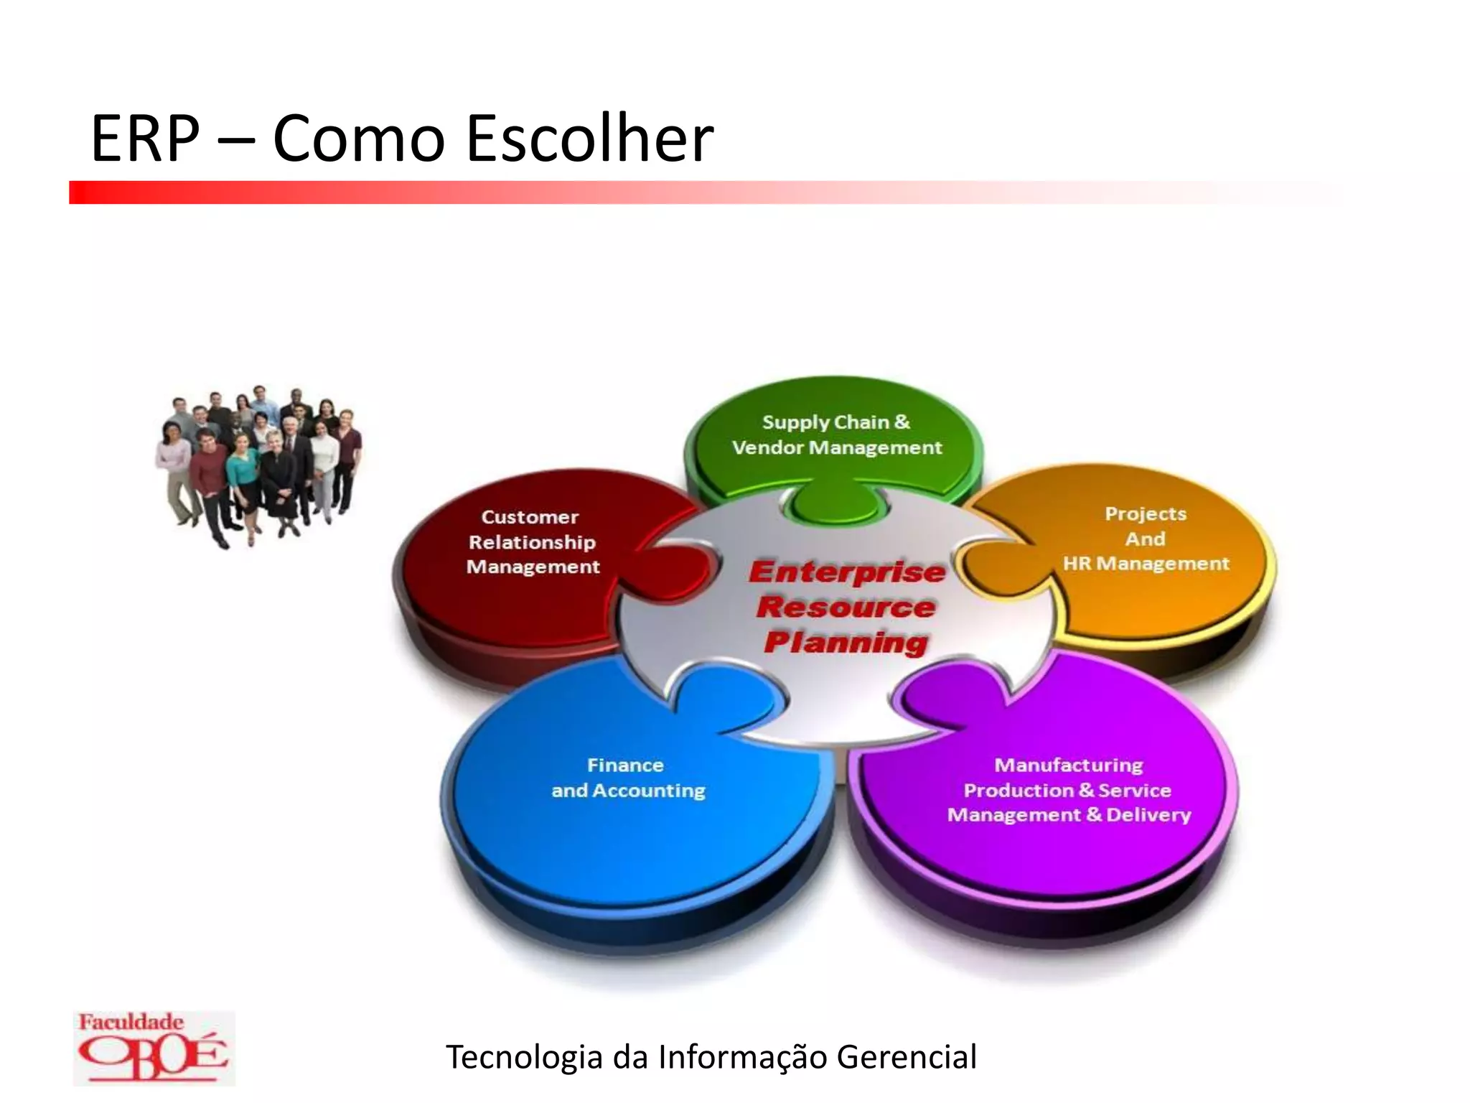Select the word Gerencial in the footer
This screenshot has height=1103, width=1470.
[x=907, y=1057]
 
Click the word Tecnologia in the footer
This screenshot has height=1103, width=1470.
[x=523, y=1057]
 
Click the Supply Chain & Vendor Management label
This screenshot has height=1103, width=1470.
[x=836, y=435]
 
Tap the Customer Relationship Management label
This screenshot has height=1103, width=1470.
[x=532, y=542]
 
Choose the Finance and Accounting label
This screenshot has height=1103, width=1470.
[x=627, y=778]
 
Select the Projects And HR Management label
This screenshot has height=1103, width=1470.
[x=1146, y=539]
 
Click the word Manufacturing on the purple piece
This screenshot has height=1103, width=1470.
[x=1068, y=765]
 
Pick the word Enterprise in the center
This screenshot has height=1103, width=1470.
[x=847, y=572]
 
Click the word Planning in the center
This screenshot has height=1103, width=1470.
[x=846, y=641]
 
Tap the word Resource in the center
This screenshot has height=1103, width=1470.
[x=846, y=607]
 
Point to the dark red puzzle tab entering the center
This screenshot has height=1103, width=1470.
[x=678, y=571]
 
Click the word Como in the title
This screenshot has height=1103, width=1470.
[x=359, y=138]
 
